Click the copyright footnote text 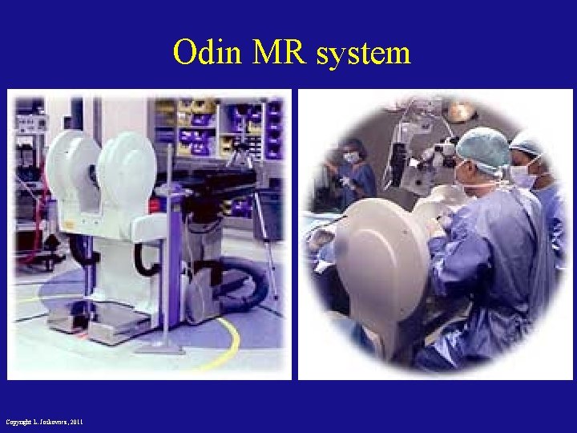pyautogui.click(x=44, y=422)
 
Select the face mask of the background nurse pyautogui.click(x=351, y=158)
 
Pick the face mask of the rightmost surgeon pyautogui.click(x=523, y=176)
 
